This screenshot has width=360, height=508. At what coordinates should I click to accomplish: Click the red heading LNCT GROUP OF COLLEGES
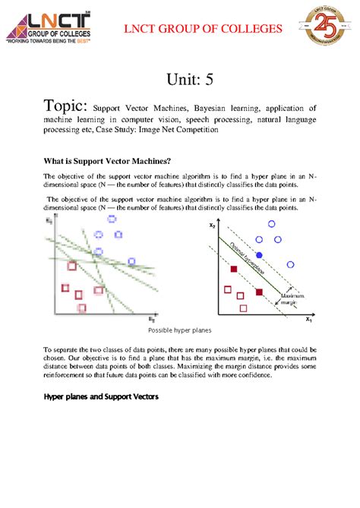point(204,29)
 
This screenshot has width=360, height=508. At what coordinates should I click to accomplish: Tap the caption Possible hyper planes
point(180,331)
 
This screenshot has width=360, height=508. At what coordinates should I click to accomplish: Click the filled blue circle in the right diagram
point(259,254)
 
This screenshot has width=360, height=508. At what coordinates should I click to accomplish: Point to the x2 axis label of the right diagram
point(212,226)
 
